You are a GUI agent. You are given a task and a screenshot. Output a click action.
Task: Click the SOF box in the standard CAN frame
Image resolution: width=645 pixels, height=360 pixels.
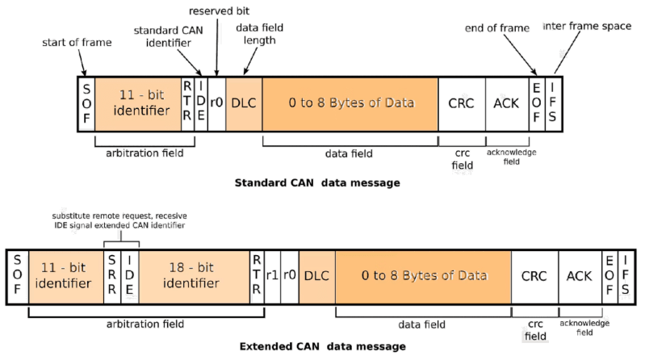coord(87,103)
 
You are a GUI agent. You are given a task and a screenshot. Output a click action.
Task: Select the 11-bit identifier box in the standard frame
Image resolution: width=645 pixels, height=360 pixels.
coord(137,103)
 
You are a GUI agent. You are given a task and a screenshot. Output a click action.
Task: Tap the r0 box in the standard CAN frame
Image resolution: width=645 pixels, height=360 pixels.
coord(216,103)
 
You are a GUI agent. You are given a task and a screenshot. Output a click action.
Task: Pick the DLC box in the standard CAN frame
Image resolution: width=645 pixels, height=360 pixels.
coord(243,103)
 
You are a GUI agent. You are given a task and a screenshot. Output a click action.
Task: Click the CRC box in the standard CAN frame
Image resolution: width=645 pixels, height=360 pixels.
coord(461,103)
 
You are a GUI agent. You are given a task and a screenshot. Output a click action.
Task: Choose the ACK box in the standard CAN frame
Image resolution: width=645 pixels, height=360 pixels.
coord(506,103)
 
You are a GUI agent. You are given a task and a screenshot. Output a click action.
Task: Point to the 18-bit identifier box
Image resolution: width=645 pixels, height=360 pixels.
coord(191,276)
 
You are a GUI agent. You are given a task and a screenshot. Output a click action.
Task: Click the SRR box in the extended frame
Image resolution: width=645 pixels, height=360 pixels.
coord(112,276)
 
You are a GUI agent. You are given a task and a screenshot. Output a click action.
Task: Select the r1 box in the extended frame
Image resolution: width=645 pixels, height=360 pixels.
coord(272,276)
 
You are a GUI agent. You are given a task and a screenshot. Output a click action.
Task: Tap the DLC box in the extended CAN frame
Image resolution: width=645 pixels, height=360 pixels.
coord(317,276)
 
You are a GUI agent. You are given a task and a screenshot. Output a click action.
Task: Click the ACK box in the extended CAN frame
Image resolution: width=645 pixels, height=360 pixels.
coord(579,276)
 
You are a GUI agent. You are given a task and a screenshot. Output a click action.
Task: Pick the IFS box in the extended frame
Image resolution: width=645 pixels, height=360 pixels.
coord(624,276)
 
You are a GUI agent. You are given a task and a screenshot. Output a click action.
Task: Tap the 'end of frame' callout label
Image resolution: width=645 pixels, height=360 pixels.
coord(496,29)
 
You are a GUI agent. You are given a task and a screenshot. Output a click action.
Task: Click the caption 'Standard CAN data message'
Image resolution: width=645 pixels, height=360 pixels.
coord(316,183)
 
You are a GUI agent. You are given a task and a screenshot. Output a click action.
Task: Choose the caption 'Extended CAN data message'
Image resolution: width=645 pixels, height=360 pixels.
coord(323,347)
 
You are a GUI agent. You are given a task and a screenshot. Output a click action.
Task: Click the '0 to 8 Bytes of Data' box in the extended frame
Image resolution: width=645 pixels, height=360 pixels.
coord(424,276)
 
